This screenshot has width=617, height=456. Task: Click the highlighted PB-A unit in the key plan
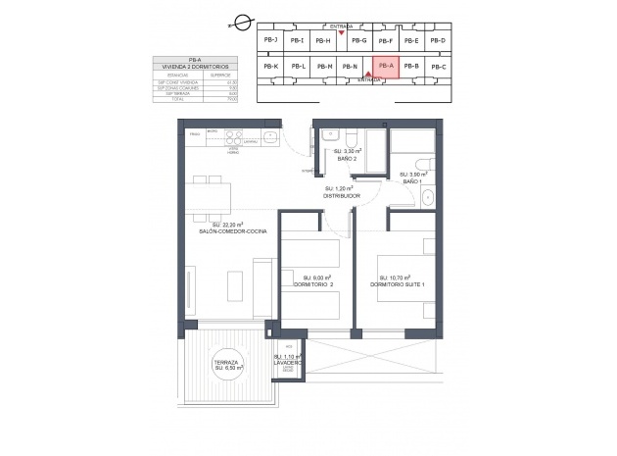click(x=385, y=67)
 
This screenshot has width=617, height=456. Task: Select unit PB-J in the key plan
click(x=271, y=40)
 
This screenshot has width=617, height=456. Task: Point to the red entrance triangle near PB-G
click(x=340, y=33)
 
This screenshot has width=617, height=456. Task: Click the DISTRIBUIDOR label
click(x=342, y=195)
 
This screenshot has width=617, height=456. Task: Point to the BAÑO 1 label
click(x=411, y=180)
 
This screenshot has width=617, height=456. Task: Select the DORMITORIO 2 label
click(x=313, y=284)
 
